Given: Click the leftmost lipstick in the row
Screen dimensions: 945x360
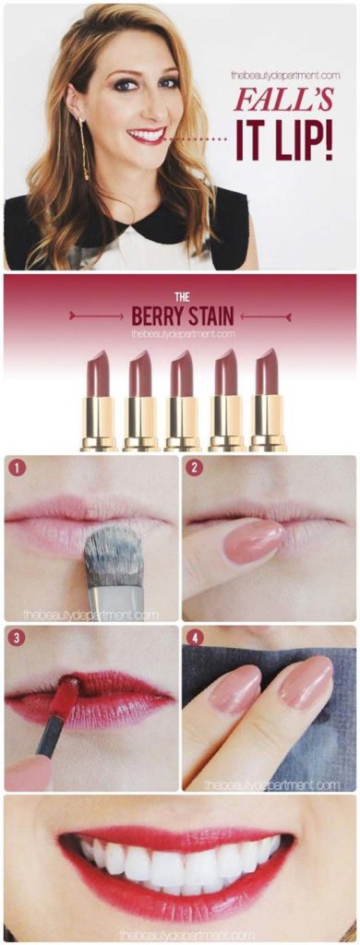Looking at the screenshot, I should click(x=98, y=400).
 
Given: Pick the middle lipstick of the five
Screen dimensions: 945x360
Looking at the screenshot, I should click(x=182, y=400).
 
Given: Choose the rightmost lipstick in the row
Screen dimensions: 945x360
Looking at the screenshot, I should click(x=268, y=400).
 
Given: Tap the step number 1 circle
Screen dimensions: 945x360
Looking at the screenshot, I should click(x=16, y=468).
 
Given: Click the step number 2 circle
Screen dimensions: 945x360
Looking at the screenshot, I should click(x=194, y=468).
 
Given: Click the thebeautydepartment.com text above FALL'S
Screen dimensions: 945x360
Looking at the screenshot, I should click(x=285, y=76).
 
